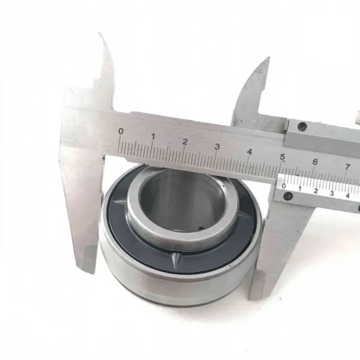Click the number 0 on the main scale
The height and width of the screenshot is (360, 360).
121,131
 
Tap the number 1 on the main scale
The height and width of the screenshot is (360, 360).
153,137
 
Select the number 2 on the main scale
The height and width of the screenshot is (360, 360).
185,142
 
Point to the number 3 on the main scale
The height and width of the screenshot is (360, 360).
217,146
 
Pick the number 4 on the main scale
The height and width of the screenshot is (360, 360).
250,152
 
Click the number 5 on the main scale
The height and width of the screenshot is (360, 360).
282,157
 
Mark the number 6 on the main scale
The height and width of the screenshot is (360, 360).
315,162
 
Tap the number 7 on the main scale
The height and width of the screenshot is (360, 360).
347,167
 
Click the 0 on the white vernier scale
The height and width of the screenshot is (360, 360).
284,186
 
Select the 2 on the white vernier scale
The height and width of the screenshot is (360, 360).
316,191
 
